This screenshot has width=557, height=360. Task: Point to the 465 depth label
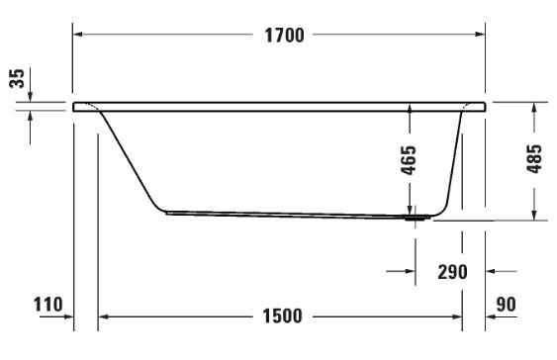409,160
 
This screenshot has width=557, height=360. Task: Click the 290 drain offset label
451,270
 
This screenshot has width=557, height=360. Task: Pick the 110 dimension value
48,305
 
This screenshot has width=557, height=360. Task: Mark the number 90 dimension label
508,305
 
